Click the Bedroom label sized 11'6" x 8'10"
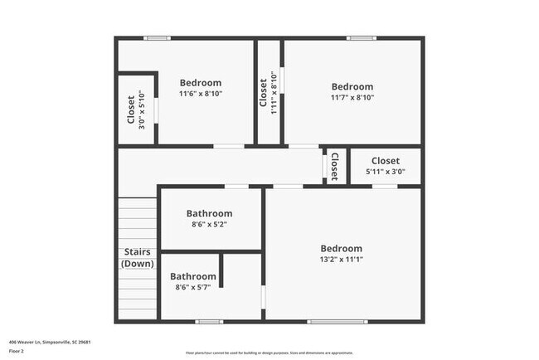pos(201,83)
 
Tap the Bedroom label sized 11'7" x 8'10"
pos(352,86)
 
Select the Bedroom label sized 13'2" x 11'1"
pos(342,249)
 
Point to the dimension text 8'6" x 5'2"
pos(209,224)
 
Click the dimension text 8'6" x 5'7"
pos(193,287)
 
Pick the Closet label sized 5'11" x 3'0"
pos(385,161)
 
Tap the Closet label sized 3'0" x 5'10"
pos(130,108)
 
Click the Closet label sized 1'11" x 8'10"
pos(264,94)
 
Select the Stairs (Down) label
pos(137,257)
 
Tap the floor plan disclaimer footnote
pos(269,352)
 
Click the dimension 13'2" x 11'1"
pos(342,260)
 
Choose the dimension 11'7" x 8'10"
pos(352,97)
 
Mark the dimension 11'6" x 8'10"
pos(201,94)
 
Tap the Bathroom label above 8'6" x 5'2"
pos(209,213)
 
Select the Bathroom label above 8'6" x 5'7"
pos(193,276)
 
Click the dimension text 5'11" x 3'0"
pos(385,172)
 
